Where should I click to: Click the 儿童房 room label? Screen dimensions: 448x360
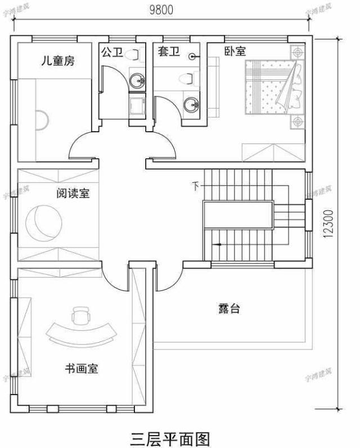click(57, 61)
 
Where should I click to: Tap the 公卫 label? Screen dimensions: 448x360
click(111, 52)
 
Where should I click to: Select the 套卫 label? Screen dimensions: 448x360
click(168, 52)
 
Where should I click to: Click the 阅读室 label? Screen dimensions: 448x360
click(73, 194)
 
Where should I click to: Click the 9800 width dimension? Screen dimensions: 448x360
click(161, 10)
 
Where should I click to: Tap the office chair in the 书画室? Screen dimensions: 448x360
click(81, 315)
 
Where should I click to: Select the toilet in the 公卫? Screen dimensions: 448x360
click(133, 55)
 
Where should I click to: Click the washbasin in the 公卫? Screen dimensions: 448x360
click(136, 81)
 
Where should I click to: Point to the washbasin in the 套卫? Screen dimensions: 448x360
click(192, 104)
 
